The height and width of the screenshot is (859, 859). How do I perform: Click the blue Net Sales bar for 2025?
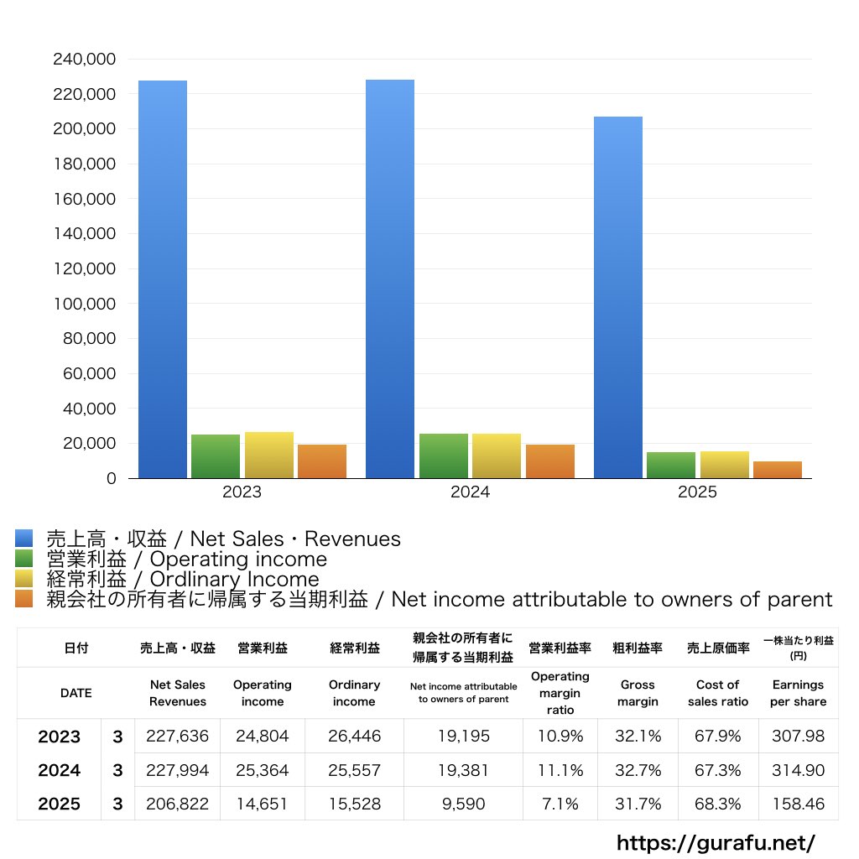point(618,298)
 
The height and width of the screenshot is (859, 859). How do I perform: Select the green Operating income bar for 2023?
point(216,456)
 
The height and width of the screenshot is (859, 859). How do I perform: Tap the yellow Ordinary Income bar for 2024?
point(497,456)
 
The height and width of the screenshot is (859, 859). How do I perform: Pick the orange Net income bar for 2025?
point(778,470)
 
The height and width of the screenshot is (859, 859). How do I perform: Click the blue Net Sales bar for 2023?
point(163,279)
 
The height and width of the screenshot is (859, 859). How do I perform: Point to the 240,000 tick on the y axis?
point(84,60)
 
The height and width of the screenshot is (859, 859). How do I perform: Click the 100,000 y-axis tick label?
point(84,304)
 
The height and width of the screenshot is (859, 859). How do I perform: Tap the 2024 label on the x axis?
point(470,492)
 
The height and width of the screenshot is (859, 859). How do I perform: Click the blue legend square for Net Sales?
point(24,539)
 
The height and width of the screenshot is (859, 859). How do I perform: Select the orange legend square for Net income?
point(24,599)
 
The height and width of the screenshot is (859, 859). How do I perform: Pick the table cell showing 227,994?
point(177,770)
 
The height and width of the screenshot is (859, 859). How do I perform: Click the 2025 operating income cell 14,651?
point(263,804)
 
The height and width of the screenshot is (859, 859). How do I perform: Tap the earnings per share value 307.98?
point(798,737)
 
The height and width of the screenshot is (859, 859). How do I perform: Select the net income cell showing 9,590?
point(463,804)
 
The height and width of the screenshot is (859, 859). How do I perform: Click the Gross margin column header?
point(638,693)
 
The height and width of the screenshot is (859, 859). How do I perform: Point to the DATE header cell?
point(75,693)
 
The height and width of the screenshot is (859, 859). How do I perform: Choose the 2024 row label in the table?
point(60,770)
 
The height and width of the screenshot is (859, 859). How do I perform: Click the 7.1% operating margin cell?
point(560,804)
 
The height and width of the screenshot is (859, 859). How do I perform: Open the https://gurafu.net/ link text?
point(716,842)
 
